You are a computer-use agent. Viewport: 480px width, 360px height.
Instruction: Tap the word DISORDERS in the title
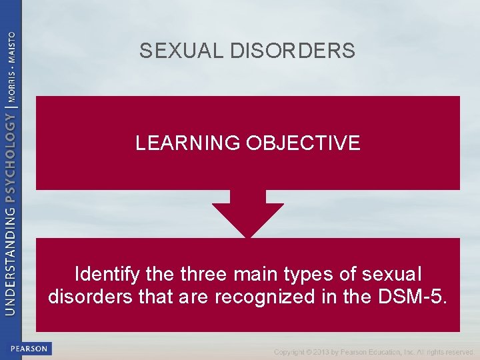pos(293,51)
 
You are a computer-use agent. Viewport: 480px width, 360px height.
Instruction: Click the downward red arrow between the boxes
pos(248,215)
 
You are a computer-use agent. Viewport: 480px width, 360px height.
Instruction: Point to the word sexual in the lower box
pos(390,274)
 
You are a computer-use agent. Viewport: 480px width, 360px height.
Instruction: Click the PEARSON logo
pos(29,349)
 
